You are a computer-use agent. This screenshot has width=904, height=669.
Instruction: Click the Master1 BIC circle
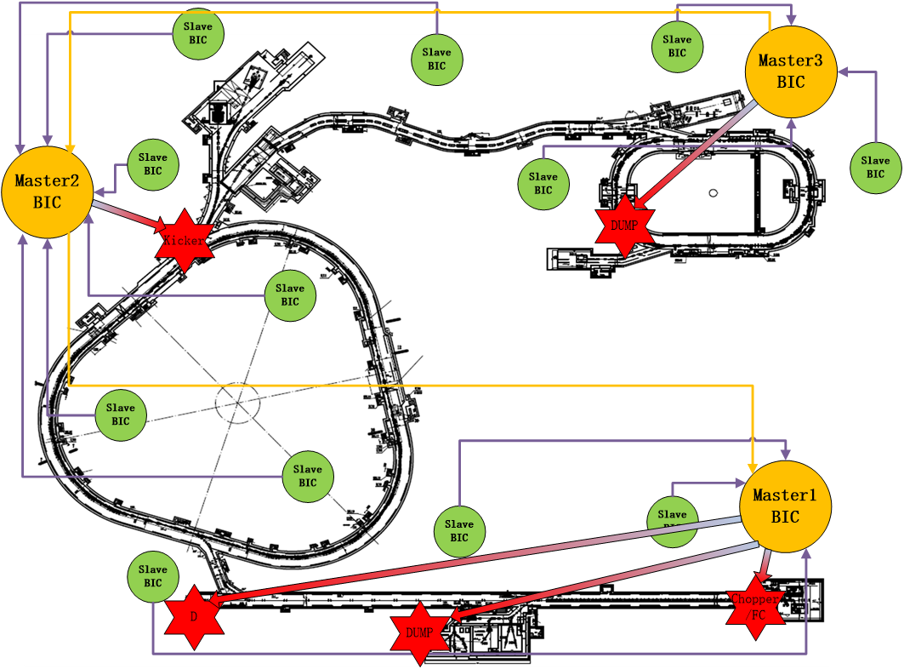[x=785, y=506]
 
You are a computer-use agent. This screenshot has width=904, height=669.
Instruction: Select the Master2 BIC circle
[x=48, y=192]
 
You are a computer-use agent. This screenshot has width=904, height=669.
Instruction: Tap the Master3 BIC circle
[x=790, y=71]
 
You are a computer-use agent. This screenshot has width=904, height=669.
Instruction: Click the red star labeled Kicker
[x=183, y=241]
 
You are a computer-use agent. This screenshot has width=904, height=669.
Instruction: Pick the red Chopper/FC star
[x=755, y=605]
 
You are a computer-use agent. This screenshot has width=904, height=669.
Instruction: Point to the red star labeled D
[x=194, y=616]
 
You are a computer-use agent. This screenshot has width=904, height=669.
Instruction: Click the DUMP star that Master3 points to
[x=625, y=226]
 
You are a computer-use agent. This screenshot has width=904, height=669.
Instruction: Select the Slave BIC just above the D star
[x=153, y=576]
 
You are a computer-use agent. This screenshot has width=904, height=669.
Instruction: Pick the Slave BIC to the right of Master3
[x=875, y=167]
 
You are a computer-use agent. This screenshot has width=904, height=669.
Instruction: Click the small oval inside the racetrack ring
[x=712, y=193]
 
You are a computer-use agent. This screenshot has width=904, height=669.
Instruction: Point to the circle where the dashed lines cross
[x=237, y=403]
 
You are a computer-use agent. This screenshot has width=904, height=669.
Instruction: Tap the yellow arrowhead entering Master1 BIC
[x=752, y=467]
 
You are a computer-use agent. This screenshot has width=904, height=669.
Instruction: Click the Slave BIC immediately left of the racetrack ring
[x=543, y=183]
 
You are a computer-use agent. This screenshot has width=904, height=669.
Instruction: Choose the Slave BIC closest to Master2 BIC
[x=153, y=164]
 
